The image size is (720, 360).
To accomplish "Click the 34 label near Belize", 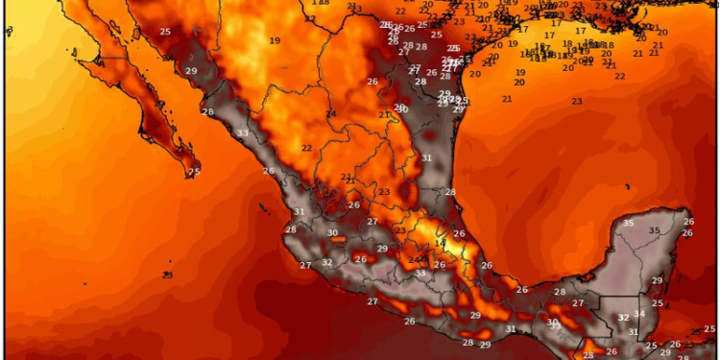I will (x=639, y=314).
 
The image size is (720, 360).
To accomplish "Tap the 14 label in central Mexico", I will (x=440, y=244).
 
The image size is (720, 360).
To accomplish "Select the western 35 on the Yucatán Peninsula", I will (x=628, y=224).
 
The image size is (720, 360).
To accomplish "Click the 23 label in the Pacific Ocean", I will (x=168, y=275).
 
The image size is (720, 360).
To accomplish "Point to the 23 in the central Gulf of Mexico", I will (x=577, y=101).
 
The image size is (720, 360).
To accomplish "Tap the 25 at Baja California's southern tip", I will (x=194, y=172).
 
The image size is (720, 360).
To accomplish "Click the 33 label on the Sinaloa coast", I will (x=243, y=132).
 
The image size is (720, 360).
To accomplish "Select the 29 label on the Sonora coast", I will (x=191, y=71).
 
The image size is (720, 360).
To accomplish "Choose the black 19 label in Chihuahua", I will (x=275, y=40).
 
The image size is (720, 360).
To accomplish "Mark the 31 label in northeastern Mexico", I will (x=425, y=157).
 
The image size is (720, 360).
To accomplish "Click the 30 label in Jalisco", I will (x=332, y=232).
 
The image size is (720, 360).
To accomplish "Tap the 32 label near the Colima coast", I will (x=327, y=262).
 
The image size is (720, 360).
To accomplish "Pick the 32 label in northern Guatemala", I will (x=623, y=317).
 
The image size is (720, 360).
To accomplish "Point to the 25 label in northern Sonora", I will (x=165, y=32).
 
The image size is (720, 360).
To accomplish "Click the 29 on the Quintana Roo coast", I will (x=658, y=280).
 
